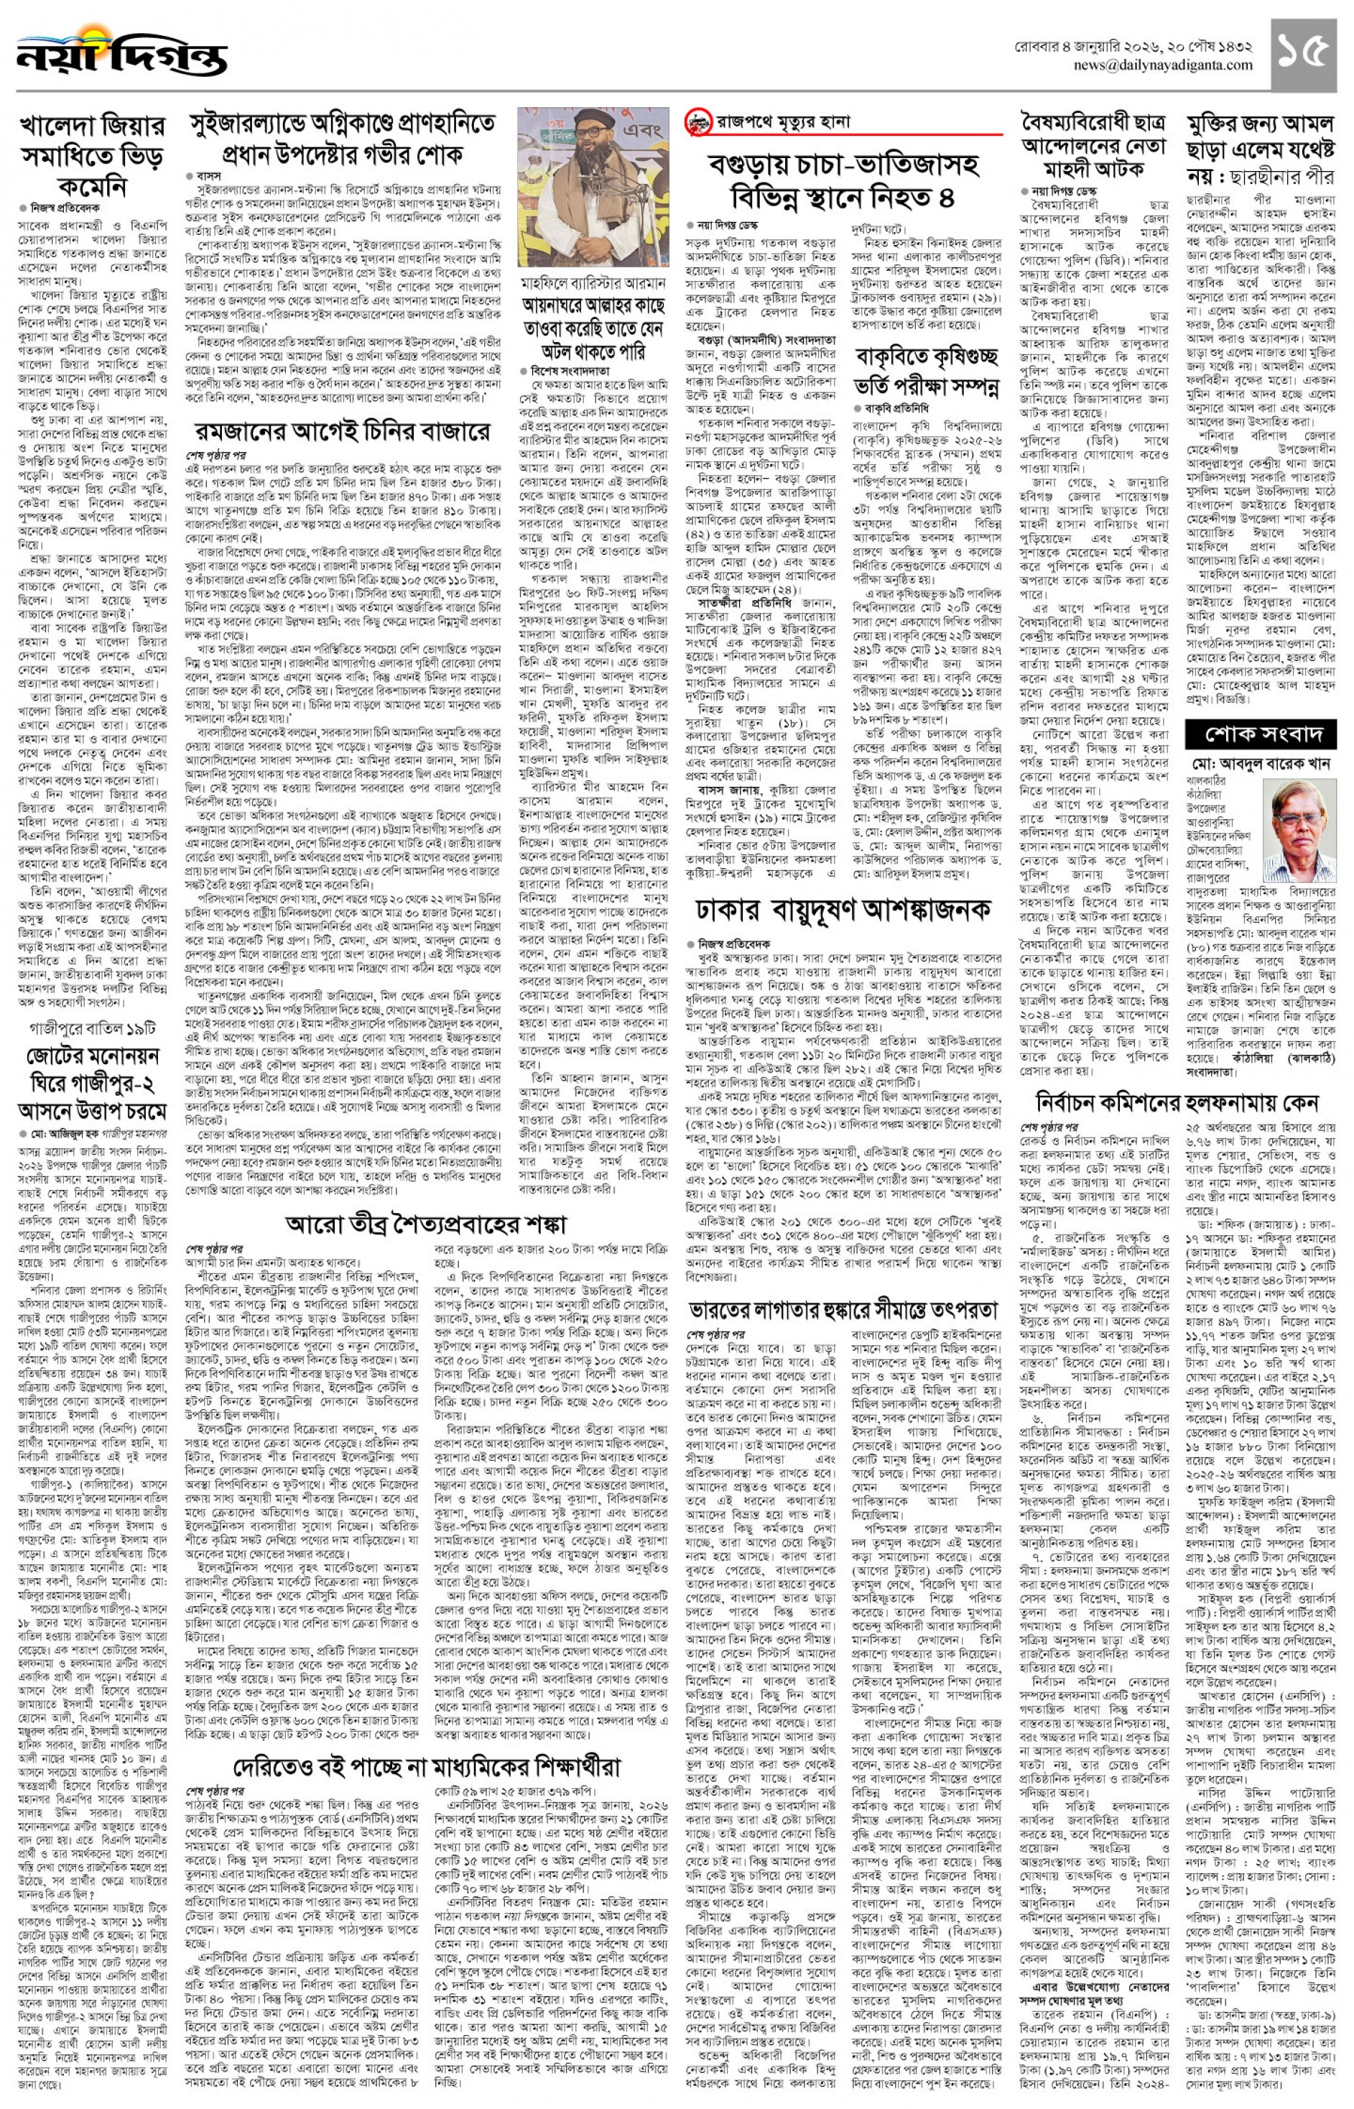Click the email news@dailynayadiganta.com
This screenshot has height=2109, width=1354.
click(1162, 66)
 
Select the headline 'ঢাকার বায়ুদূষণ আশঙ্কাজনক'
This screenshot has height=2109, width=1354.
click(843, 908)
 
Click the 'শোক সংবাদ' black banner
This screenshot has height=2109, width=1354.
click(1260, 734)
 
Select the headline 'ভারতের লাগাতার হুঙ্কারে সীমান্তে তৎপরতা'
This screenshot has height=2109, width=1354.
click(843, 1309)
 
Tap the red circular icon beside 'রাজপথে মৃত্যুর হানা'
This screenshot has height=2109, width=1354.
click(698, 122)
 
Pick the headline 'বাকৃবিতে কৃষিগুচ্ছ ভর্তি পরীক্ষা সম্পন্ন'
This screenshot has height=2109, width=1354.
click(926, 370)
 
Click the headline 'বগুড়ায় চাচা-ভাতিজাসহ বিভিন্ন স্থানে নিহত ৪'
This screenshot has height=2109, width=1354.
click(843, 180)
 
